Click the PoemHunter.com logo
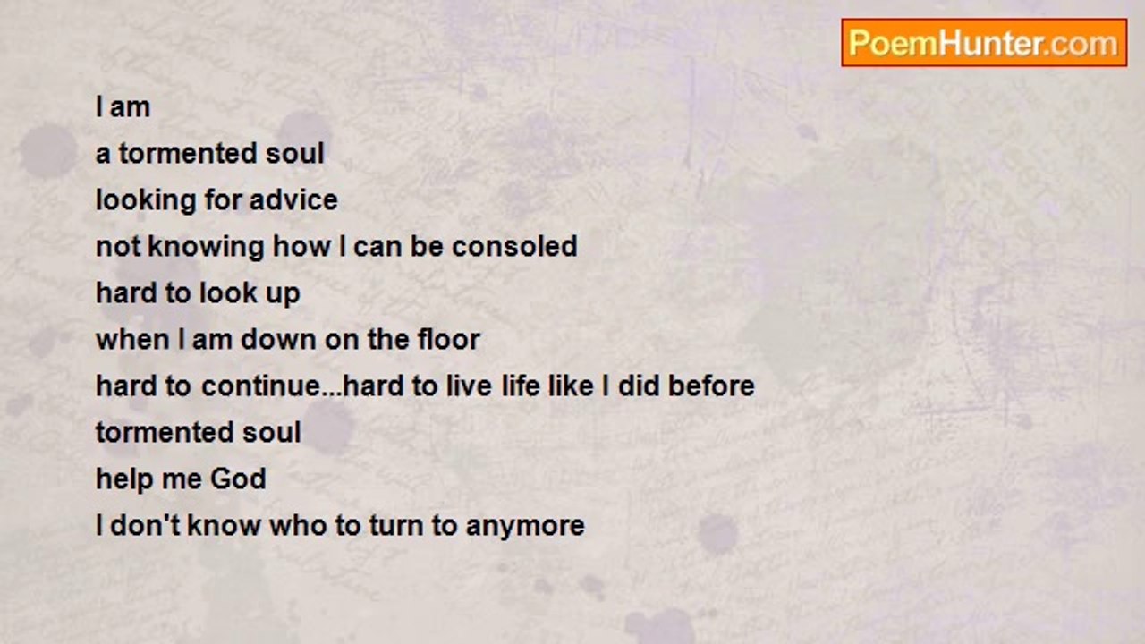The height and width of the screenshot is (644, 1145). pos(984,43)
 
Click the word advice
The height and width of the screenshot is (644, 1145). pos(293,199)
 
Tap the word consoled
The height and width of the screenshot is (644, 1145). pos(514,246)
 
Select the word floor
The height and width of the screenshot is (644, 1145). pos(449,339)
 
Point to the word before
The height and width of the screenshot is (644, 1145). pos(711,386)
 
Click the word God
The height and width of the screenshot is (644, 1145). pos(238,479)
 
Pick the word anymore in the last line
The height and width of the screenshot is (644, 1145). pos(525,525)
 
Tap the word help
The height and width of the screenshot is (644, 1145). pos(123,479)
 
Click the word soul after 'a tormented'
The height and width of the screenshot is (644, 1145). pos(295,153)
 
